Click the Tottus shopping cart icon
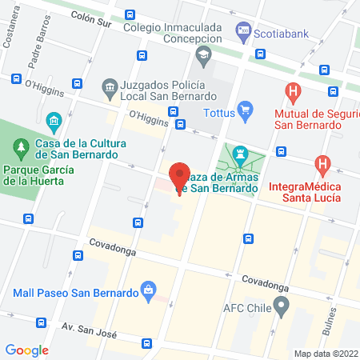246,113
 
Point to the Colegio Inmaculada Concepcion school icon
202,54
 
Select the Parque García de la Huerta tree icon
21,147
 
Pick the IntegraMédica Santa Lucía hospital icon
322,166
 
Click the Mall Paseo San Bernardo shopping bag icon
148,290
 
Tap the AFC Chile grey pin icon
281,305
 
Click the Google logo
27,350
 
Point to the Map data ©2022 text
325,353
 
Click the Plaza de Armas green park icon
238,151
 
